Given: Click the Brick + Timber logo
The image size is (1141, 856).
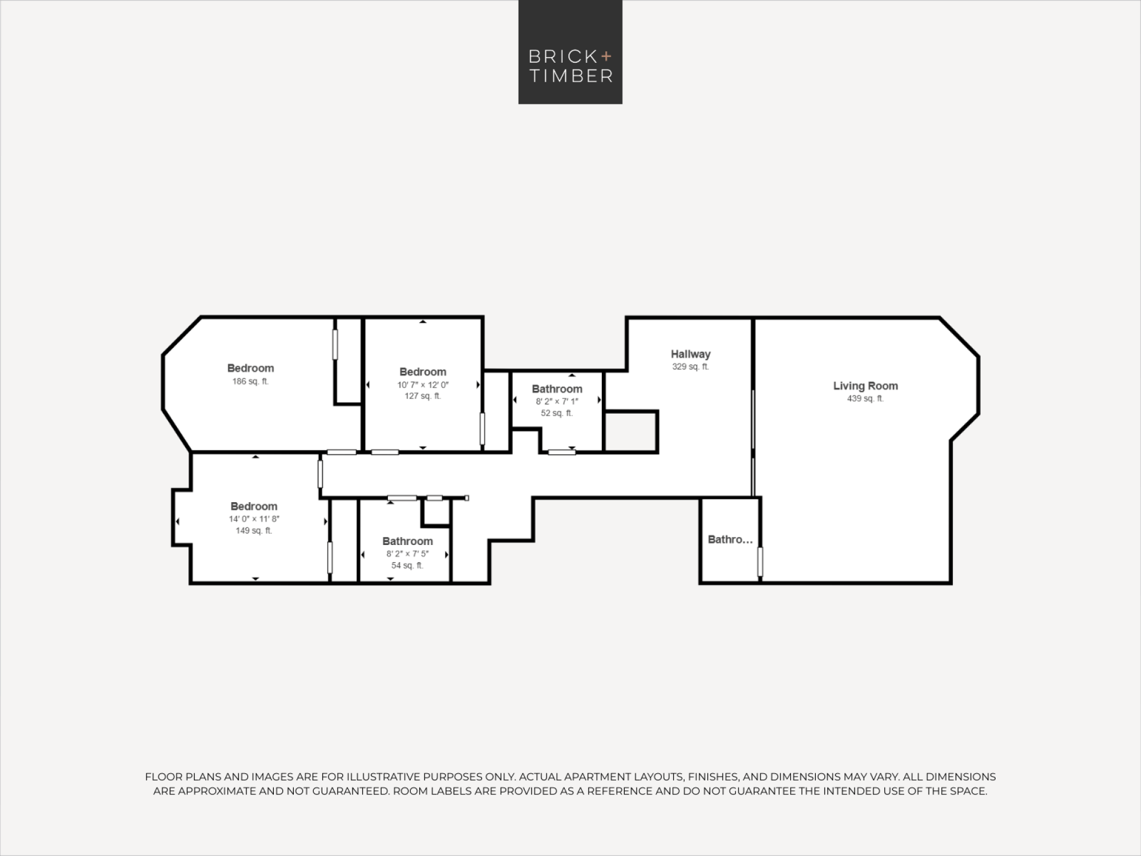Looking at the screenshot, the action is (x=570, y=52).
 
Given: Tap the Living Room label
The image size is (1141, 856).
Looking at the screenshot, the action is (x=865, y=386).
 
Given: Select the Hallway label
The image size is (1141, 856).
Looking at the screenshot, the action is (x=690, y=354).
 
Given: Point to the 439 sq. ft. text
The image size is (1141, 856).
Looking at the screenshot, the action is (x=865, y=399).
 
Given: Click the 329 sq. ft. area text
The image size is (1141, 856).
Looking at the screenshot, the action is (x=690, y=367).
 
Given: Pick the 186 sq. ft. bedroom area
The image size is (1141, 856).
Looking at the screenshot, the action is (x=250, y=381).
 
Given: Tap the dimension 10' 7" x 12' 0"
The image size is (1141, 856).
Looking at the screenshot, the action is (x=423, y=385).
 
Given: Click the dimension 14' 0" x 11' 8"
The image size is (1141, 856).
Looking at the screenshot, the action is (x=254, y=519).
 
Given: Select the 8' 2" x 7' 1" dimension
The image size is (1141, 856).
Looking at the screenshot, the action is (x=557, y=401).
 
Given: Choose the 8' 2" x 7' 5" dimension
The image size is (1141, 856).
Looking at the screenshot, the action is (x=407, y=554).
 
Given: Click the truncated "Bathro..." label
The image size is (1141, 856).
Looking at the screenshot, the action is (x=730, y=539).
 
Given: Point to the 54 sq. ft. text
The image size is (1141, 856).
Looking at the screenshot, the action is (x=407, y=566).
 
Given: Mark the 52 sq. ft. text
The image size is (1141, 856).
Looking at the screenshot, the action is (x=557, y=413).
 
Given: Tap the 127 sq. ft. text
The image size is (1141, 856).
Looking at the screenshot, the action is (x=423, y=396).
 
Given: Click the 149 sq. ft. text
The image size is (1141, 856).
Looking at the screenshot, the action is (x=254, y=531).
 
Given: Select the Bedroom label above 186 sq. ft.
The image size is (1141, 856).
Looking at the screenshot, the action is (x=250, y=368).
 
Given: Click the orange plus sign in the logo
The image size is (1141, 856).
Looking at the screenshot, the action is (x=606, y=56).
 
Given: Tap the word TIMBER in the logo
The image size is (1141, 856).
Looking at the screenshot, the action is (x=571, y=76).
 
